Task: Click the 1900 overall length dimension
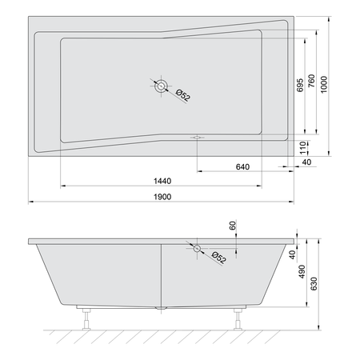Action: point(162,197)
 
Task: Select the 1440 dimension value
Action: point(162,181)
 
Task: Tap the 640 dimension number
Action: point(242,167)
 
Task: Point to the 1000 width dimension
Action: point(324,85)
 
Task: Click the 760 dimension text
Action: point(311,81)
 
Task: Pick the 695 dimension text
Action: point(300,86)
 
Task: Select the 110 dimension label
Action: point(302,148)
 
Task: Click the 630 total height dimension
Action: point(314,284)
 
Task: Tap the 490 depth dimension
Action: point(302,271)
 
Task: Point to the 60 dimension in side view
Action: point(233,226)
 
